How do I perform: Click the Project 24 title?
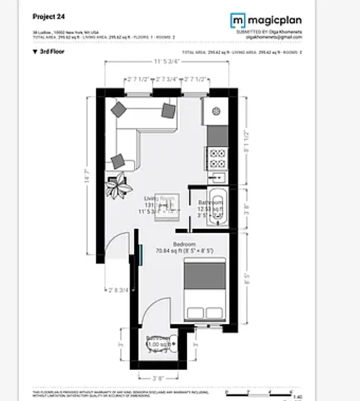click(x=46, y=16)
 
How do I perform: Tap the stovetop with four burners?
click(x=217, y=158)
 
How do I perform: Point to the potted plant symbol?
click(x=119, y=185)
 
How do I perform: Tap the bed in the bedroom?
click(x=204, y=290)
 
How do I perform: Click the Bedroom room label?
click(x=185, y=244)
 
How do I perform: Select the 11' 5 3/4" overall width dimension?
click(x=166, y=62)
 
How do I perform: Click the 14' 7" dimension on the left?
click(x=87, y=176)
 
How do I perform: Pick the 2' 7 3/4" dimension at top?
click(x=166, y=79)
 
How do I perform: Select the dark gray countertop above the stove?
click(x=217, y=135)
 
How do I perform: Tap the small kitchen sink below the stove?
click(x=217, y=177)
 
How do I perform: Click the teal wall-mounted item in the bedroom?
click(x=142, y=253)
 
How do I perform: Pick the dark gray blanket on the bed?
click(x=204, y=276)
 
